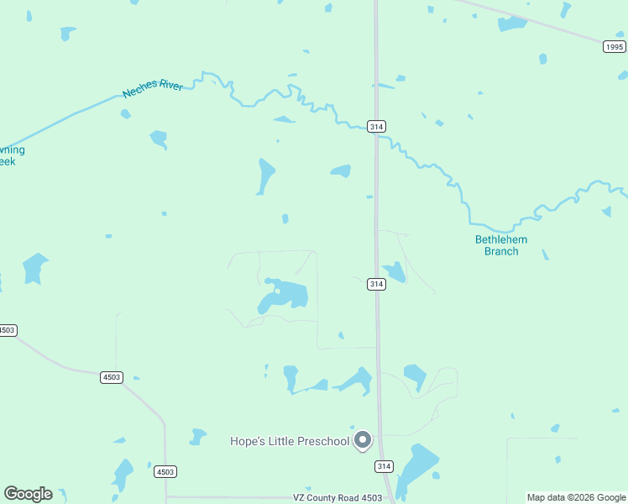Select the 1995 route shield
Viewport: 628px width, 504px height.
[x=614, y=47]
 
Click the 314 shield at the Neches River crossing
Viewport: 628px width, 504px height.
[x=376, y=126]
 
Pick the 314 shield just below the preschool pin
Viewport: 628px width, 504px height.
[x=384, y=466]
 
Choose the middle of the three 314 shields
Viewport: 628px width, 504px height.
[x=376, y=285]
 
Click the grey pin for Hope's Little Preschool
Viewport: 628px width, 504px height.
[x=363, y=440]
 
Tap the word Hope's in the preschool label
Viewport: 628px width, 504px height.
[x=249, y=441]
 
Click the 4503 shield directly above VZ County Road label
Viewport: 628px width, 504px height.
[x=165, y=472]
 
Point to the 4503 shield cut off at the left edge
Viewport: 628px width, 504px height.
[x=7, y=330]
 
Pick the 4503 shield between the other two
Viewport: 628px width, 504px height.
[x=111, y=378]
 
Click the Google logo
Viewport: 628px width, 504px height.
[x=28, y=494]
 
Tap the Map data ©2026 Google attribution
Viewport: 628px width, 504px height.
[x=576, y=497]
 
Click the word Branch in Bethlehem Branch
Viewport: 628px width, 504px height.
[x=501, y=251]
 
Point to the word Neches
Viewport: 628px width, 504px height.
[x=139, y=89]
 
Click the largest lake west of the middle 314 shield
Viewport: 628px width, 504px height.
[x=285, y=296]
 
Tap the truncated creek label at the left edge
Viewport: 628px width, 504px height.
[x=11, y=155]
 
